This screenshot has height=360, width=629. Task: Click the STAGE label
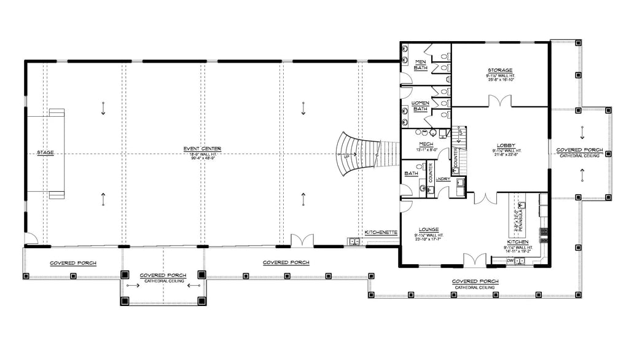(x=45, y=152)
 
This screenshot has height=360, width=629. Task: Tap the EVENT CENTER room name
(x=201, y=149)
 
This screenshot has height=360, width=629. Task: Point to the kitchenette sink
(x=353, y=241)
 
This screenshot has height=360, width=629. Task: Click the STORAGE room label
(x=500, y=71)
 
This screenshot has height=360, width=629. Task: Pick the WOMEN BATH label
(x=420, y=106)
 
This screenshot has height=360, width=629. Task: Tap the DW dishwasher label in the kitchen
(x=511, y=260)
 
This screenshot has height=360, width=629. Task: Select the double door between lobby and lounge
(x=485, y=198)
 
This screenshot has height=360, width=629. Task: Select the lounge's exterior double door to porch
(x=475, y=260)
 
